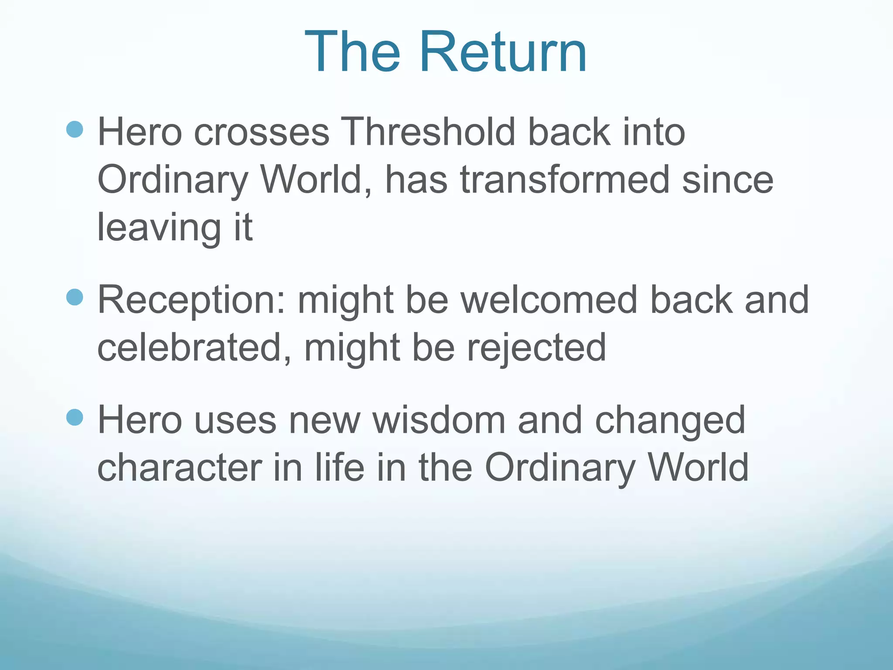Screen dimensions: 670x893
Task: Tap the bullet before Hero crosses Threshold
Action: pyautogui.click(x=75, y=130)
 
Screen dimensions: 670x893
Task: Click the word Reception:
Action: pyautogui.click(x=191, y=301)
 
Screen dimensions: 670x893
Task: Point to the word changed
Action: pyautogui.click(x=670, y=421)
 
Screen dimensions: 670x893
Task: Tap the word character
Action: pyautogui.click(x=179, y=468)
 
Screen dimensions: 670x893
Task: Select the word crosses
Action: pyautogui.click(x=262, y=133)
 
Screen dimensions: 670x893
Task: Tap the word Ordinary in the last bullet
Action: pyautogui.click(x=560, y=468)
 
